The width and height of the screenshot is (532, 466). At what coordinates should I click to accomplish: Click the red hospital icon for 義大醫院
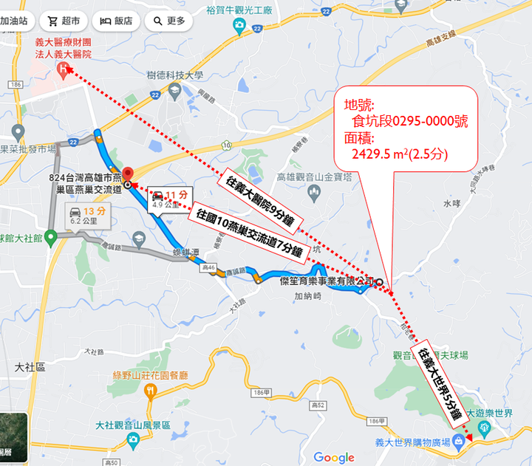[x=64, y=69]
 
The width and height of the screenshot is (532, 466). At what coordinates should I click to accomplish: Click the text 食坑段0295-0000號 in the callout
[x=409, y=120]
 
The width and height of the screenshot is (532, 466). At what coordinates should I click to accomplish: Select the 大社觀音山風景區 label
[x=133, y=425]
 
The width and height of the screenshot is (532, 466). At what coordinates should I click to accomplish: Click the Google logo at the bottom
[x=334, y=457]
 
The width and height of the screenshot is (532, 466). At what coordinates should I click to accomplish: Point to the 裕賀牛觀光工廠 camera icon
[x=239, y=27]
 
